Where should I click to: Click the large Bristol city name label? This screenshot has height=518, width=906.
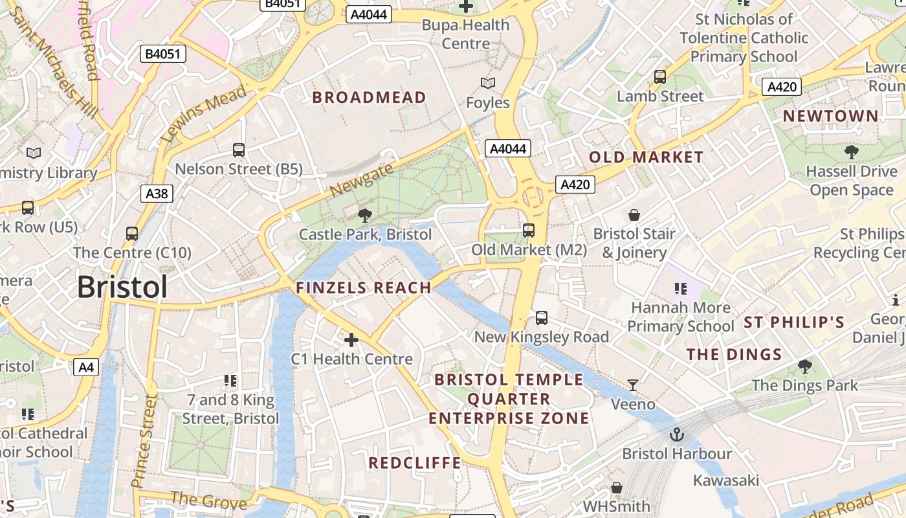(x=122, y=287)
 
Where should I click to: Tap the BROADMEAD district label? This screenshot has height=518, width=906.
(x=370, y=98)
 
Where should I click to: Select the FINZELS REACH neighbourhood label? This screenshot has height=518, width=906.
(x=364, y=288)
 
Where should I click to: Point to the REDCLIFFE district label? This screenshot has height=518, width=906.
(x=415, y=463)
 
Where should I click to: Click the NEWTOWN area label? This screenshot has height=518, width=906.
(x=831, y=117)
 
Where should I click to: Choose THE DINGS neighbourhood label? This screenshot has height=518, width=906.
(x=734, y=354)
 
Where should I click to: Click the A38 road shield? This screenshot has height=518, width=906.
(x=157, y=193)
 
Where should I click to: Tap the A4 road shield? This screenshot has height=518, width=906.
(x=86, y=368)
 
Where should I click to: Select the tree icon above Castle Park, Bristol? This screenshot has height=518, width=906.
(x=365, y=215)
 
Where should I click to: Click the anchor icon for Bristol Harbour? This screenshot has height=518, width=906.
(x=677, y=434)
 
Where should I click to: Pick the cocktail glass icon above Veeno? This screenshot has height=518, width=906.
(x=633, y=385)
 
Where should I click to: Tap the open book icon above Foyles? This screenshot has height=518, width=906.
(x=488, y=83)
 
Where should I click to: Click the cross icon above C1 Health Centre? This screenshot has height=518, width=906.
(x=351, y=339)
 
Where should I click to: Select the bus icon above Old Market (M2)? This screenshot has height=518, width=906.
(x=529, y=230)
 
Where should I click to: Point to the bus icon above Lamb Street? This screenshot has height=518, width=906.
(x=660, y=77)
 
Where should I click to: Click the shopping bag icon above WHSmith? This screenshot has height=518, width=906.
(x=617, y=487)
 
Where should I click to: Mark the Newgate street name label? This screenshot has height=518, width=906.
(x=361, y=180)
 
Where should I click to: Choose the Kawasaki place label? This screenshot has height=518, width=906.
(x=726, y=480)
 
